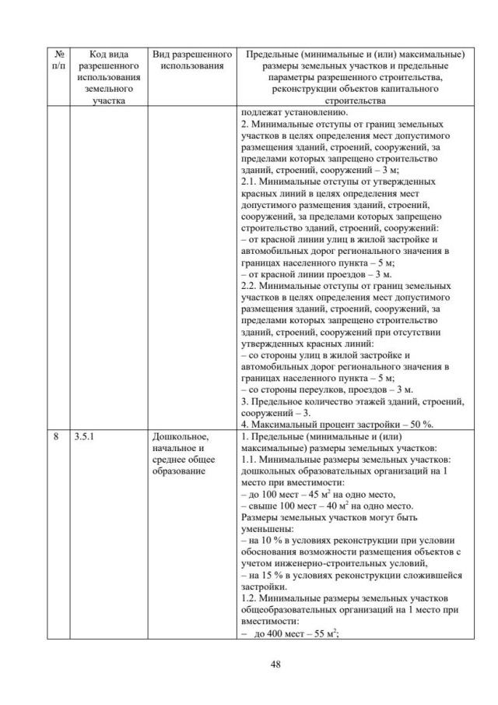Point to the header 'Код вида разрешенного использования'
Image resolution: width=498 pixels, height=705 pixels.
click(x=107, y=78)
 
